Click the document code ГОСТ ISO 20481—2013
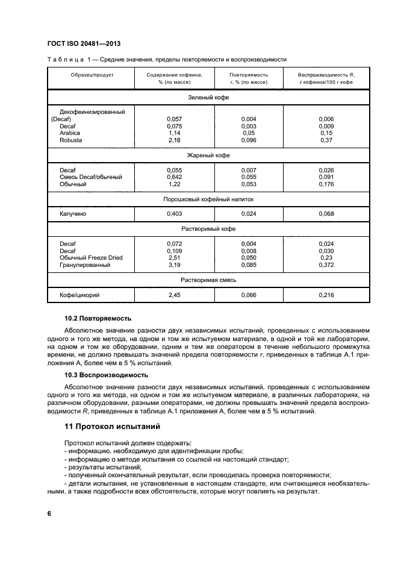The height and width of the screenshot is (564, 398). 86,43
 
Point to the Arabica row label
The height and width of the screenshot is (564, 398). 70,133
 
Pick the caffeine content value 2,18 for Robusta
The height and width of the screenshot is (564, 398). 174,140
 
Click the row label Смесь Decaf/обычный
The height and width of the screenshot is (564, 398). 91,177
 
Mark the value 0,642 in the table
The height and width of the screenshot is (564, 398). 174,177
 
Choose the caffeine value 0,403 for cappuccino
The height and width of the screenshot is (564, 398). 174,214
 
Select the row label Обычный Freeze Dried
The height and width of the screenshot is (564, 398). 91,258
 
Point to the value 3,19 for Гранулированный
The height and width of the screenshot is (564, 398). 174,265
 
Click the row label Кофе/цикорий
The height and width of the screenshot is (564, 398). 79,295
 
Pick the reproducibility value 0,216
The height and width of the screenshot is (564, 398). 326,295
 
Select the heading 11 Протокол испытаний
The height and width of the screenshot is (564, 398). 111,427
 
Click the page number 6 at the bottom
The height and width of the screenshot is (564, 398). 49,513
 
